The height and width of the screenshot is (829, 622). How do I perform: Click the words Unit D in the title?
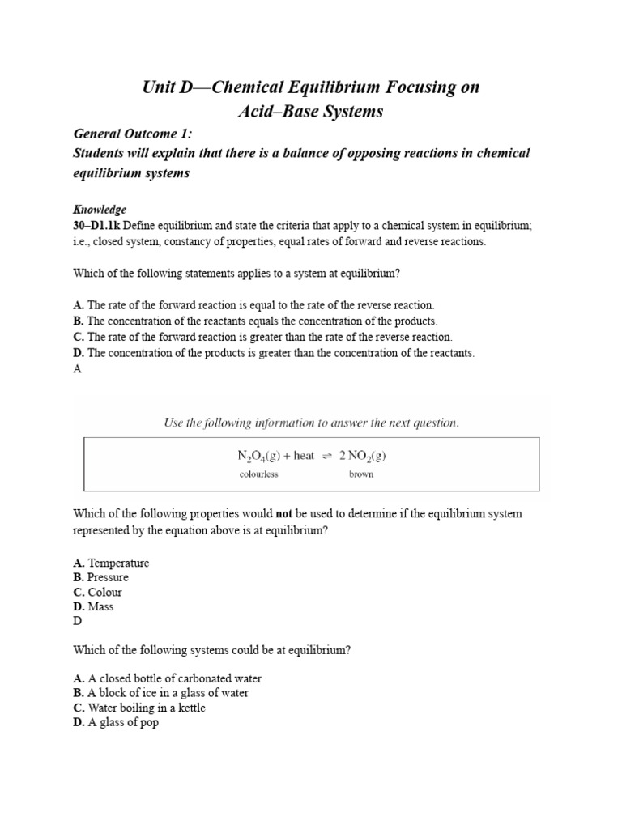[x=165, y=88]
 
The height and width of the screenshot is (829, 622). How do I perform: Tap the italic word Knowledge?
[x=100, y=210]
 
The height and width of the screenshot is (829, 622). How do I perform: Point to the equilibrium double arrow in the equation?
[x=326, y=457]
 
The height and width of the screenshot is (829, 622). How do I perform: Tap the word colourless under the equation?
[x=258, y=474]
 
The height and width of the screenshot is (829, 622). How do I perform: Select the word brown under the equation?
[x=361, y=474]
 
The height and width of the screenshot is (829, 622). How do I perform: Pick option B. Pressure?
[x=100, y=577]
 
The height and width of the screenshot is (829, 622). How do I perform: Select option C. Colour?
[x=97, y=592]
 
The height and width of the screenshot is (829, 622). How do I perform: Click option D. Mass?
[x=93, y=606]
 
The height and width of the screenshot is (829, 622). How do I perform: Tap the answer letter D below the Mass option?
[x=78, y=621]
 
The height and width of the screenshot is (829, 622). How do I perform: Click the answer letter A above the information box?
[x=78, y=368]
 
